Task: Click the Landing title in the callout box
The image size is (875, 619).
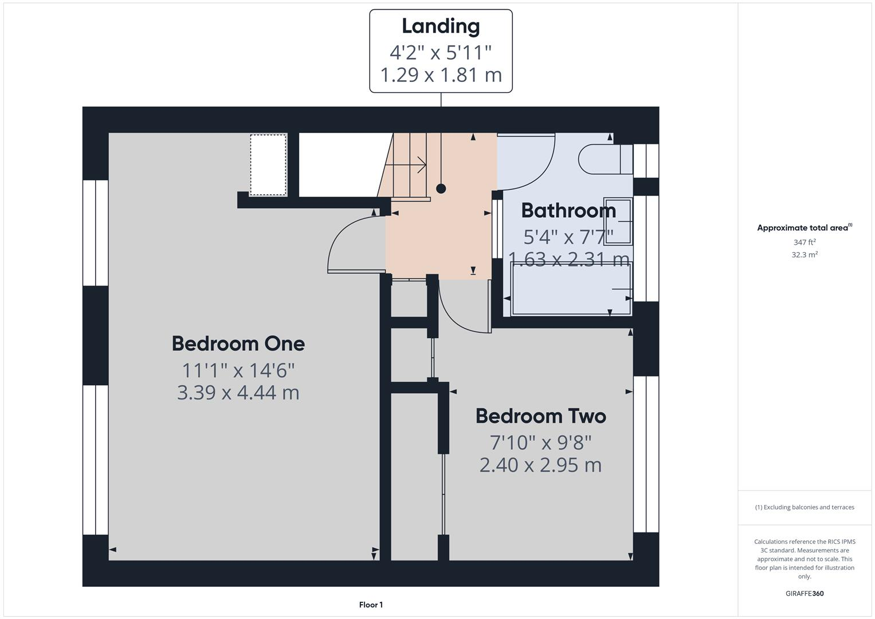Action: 440,26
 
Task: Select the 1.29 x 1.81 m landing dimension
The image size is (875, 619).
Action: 441,75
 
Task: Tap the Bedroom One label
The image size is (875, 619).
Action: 238,344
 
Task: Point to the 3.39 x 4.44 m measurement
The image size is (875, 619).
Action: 238,393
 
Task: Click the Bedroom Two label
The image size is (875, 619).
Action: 540,416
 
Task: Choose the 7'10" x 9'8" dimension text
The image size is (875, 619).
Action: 540,442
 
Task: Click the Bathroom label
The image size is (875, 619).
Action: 568,211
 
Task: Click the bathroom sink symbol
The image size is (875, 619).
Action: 618,221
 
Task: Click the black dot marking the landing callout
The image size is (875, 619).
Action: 441,189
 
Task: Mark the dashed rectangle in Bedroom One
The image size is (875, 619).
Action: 268,164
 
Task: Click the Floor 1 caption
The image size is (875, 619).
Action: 371,605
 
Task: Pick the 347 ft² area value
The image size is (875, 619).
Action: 804,242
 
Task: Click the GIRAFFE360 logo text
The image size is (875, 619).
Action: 804,593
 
